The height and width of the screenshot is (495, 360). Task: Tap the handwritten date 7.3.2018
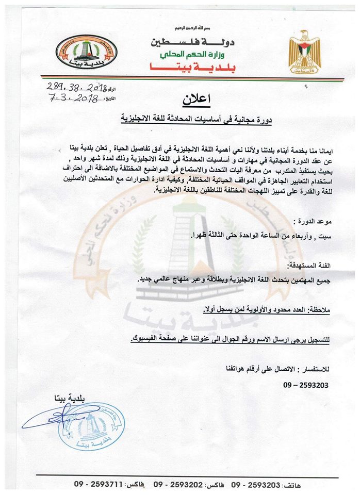click(x=73, y=98)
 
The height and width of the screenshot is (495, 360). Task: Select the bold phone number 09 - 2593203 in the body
click(x=305, y=385)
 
